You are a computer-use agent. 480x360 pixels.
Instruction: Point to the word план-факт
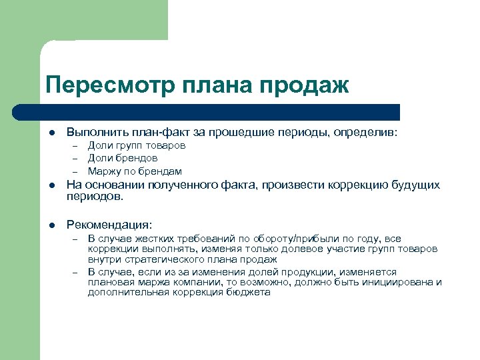click(146, 133)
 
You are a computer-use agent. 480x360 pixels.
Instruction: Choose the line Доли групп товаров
click(137, 145)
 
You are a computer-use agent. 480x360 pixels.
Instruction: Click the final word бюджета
click(253, 292)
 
